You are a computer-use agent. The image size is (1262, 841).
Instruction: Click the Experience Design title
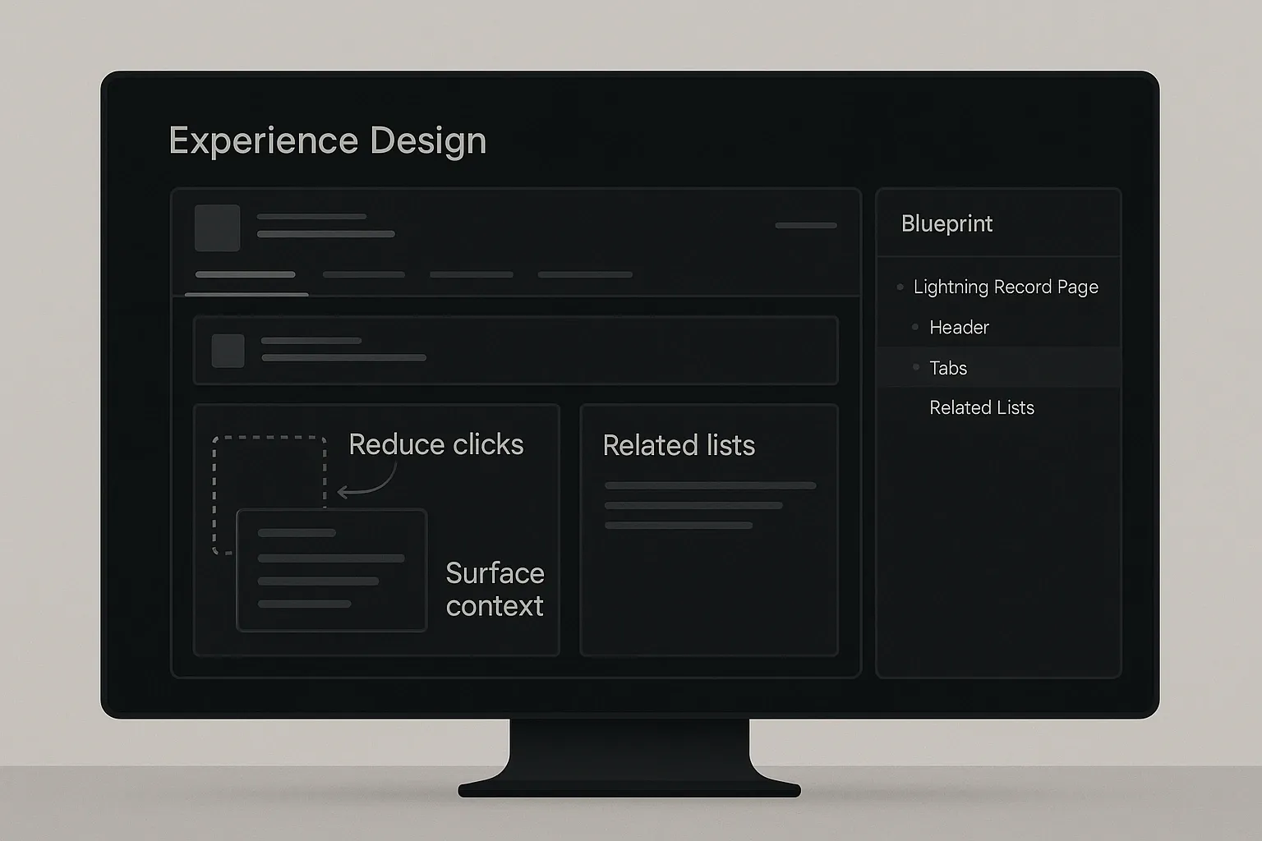(327, 140)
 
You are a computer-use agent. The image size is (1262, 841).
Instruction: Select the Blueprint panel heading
(946, 223)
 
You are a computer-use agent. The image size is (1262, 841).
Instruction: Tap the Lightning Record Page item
(1005, 287)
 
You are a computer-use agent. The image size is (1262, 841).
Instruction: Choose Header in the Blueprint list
(959, 327)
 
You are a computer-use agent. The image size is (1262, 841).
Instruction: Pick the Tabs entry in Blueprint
(948, 368)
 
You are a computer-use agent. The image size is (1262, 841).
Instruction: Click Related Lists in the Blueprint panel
(981, 407)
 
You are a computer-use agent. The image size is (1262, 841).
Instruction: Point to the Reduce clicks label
(435, 444)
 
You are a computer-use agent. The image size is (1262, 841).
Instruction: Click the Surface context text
(495, 589)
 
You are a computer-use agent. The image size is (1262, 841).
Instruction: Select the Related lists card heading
(679, 445)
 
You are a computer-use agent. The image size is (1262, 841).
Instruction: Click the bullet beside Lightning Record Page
(900, 287)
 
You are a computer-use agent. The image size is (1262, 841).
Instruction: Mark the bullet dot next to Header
(915, 327)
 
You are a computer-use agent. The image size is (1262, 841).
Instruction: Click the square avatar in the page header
(217, 227)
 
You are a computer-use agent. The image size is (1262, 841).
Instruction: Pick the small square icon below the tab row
(228, 351)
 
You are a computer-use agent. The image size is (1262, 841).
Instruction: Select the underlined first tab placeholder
(245, 275)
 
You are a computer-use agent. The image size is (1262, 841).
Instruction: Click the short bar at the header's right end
(805, 225)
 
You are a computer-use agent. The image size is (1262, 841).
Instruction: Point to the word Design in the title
(428, 140)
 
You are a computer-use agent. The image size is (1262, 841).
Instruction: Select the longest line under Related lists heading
(710, 485)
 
